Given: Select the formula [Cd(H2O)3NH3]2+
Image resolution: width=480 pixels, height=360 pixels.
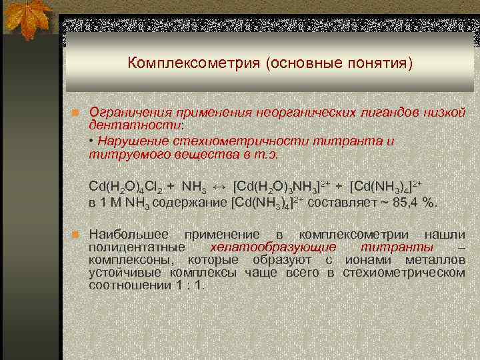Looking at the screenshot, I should click(281, 185).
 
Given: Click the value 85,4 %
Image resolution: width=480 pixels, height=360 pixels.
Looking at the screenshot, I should click(413, 202).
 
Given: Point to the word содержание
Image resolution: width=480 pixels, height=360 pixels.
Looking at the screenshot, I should click(189, 202).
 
